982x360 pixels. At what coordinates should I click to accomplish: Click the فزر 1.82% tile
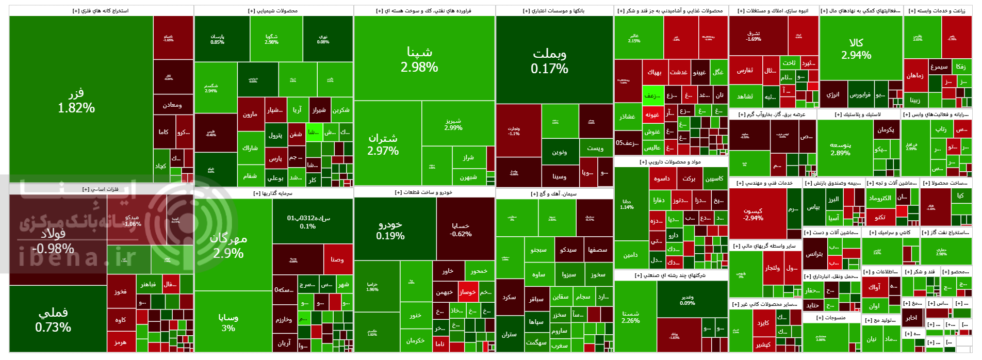pyautogui.click(x=76, y=101)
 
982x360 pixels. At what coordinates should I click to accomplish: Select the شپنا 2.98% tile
pyautogui.click(x=419, y=59)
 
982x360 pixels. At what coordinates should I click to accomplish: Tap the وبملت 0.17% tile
pyautogui.click(x=549, y=61)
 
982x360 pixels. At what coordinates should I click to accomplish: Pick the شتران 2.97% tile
pyautogui.click(x=383, y=144)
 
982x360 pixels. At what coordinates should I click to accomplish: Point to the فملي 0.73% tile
pyautogui.click(x=53, y=320)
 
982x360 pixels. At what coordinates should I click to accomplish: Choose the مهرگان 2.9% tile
pyautogui.click(x=228, y=246)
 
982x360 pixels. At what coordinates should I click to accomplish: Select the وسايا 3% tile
pyautogui.click(x=228, y=322)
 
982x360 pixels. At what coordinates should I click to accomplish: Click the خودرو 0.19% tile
pyautogui.click(x=390, y=230)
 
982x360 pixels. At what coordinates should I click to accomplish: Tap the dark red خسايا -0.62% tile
pyautogui.click(x=461, y=230)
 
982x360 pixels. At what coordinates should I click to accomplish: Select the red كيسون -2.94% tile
pyautogui.click(x=753, y=214)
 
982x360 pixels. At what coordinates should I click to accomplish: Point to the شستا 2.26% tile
pyautogui.click(x=631, y=317)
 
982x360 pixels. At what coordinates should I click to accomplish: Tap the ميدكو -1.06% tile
pyautogui.click(x=132, y=220)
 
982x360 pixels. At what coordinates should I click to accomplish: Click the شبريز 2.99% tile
pyautogui.click(x=453, y=124)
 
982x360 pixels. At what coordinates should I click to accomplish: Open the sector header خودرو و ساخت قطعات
pyautogui.click(x=424, y=192)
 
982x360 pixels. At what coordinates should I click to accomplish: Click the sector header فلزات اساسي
pyautogui.click(x=101, y=189)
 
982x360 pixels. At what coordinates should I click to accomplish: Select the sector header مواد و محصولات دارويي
pyautogui.click(x=670, y=162)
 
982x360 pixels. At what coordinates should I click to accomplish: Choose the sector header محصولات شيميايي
pyautogui.click(x=273, y=11)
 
